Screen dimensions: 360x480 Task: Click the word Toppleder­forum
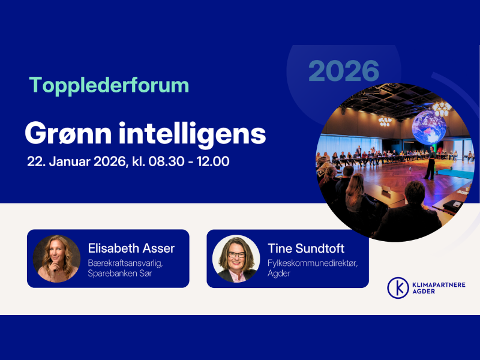pyautogui.click(x=109, y=85)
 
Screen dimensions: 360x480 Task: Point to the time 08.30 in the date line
pyautogui.click(x=167, y=162)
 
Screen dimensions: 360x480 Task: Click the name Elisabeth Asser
pyautogui.click(x=131, y=248)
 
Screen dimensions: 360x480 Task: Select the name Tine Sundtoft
pyautogui.click(x=306, y=248)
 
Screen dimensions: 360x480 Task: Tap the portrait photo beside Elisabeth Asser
pyautogui.click(x=57, y=259)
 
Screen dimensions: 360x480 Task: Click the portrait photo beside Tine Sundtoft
pyautogui.click(x=236, y=259)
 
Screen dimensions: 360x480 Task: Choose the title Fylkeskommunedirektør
pyautogui.click(x=312, y=263)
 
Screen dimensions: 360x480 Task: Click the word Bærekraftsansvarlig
pyautogui.click(x=125, y=263)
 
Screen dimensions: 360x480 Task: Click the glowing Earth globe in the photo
pyautogui.click(x=428, y=127)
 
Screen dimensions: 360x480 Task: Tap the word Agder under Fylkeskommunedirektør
pyautogui.click(x=278, y=274)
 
